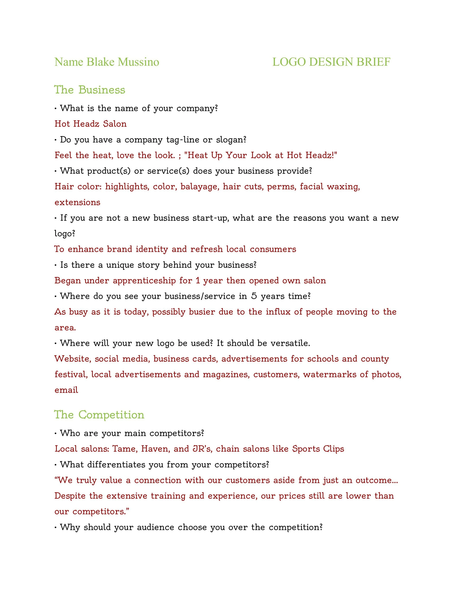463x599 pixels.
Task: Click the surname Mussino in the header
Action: (139, 62)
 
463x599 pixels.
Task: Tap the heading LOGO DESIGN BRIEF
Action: (331, 62)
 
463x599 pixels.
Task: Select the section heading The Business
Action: (90, 90)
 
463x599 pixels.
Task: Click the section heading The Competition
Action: (99, 415)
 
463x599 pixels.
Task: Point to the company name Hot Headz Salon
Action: (91, 124)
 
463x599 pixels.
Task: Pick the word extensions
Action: (77, 202)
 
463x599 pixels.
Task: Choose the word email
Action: (66, 390)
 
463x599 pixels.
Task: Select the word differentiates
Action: (116, 465)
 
